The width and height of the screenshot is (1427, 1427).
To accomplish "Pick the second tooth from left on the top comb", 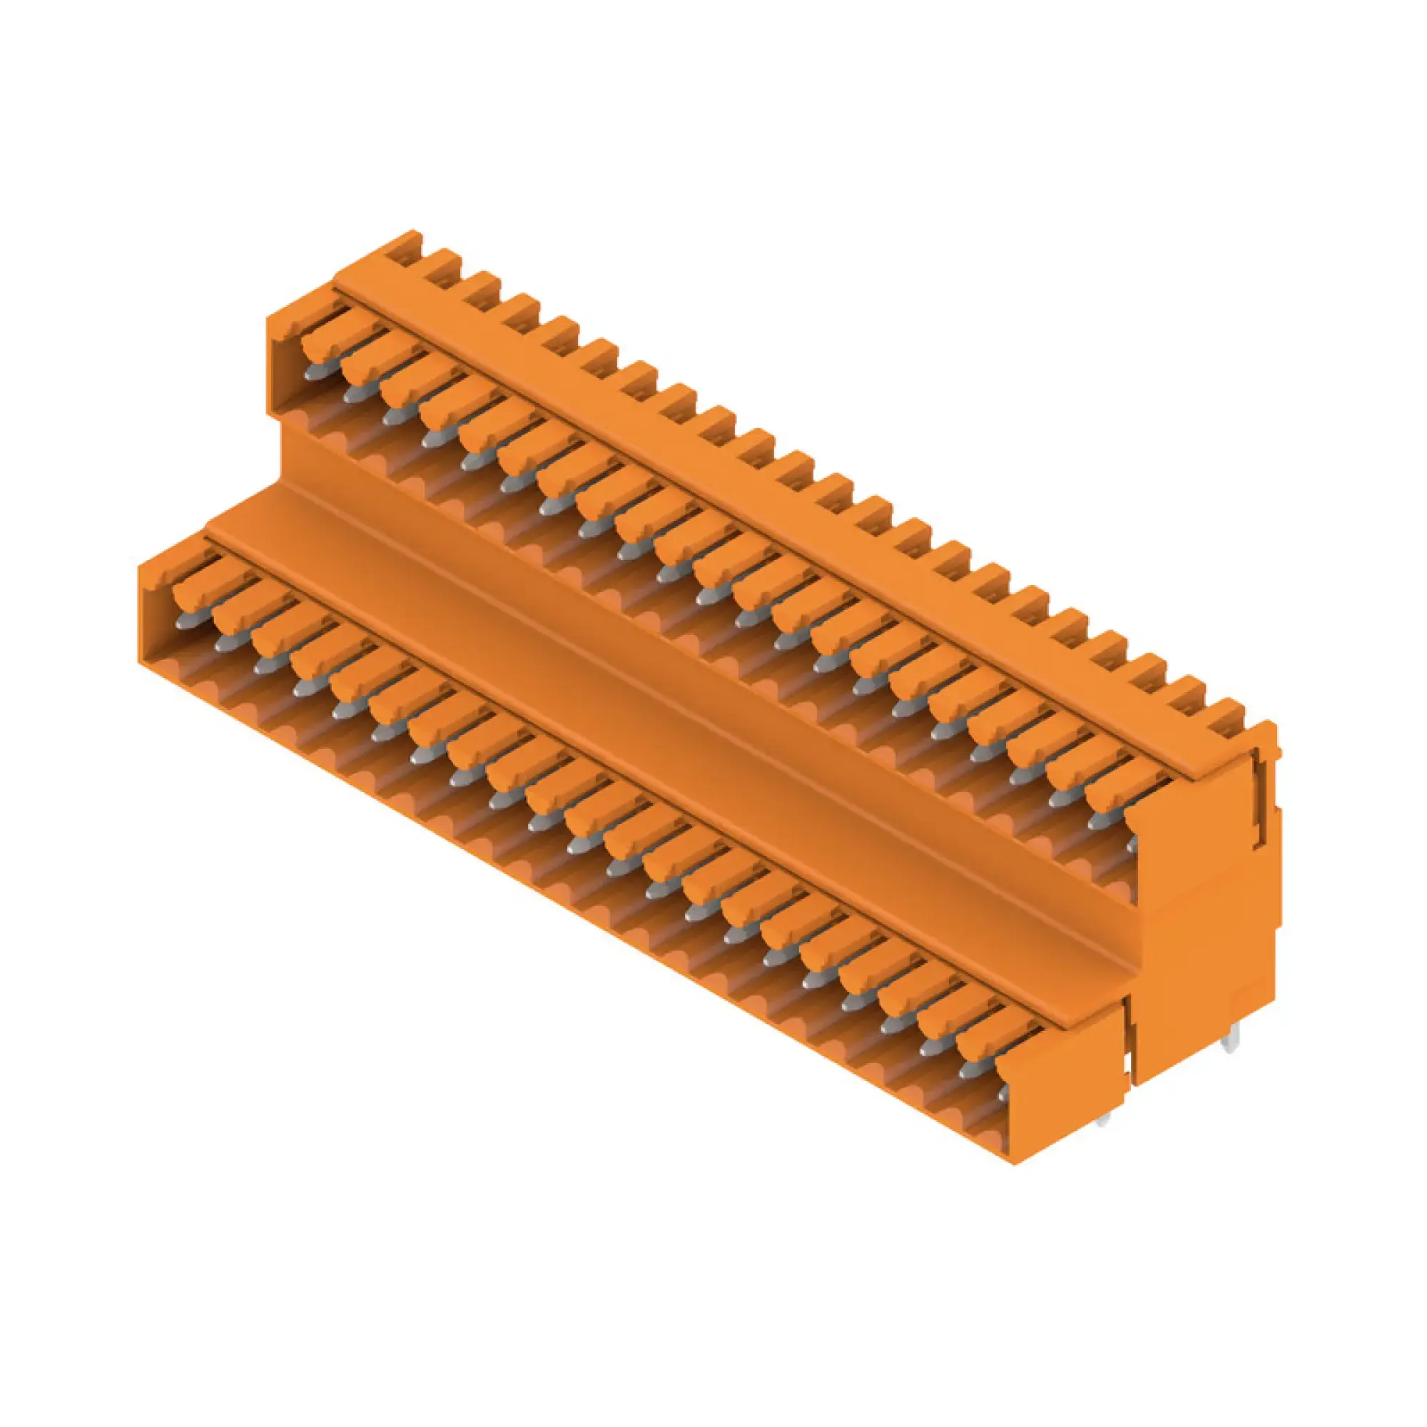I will [444, 264].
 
